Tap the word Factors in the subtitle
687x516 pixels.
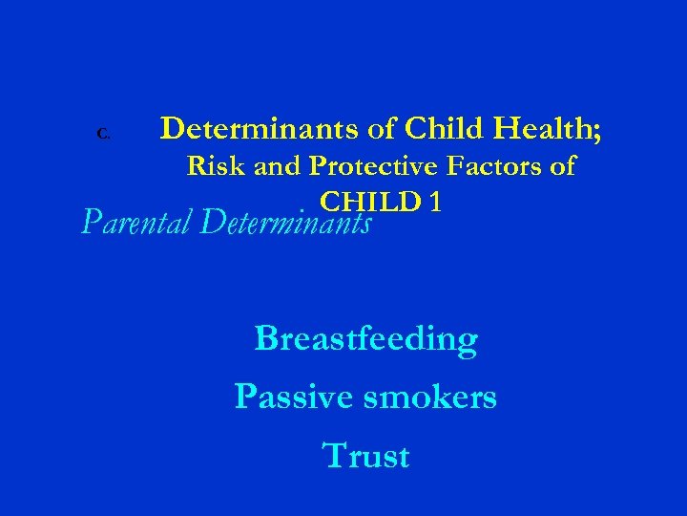501,166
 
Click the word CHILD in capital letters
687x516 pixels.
370,202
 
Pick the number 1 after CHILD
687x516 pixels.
434,202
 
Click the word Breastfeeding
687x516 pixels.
365,339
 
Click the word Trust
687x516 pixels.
366,456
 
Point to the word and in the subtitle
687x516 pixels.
280,166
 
